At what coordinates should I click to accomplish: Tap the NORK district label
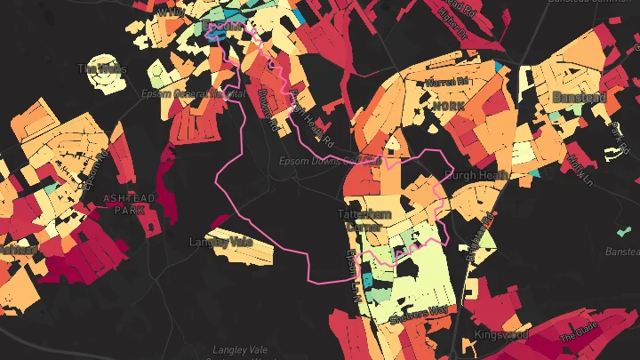pos(448,106)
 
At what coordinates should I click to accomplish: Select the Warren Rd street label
pos(446,81)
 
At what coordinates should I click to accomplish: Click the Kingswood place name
pos(500,335)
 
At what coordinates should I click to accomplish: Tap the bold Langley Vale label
pos(221,242)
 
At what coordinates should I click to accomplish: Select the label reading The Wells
pos(102,68)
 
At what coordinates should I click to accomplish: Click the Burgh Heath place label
pos(476,175)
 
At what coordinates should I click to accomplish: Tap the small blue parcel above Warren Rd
pos(504,67)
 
